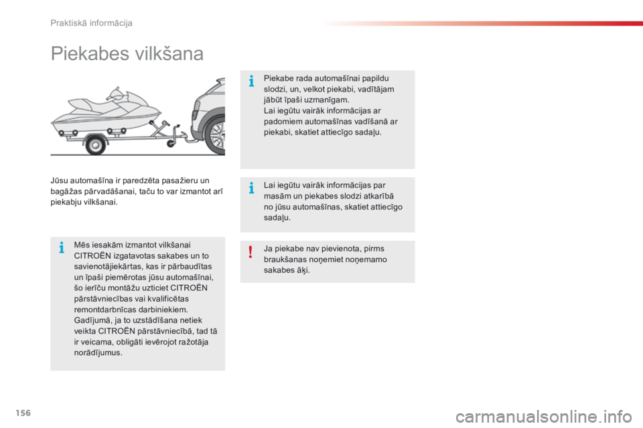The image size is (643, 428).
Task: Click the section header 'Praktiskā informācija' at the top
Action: [x=92, y=23]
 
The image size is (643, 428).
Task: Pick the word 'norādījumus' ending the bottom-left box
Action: [x=98, y=352]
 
